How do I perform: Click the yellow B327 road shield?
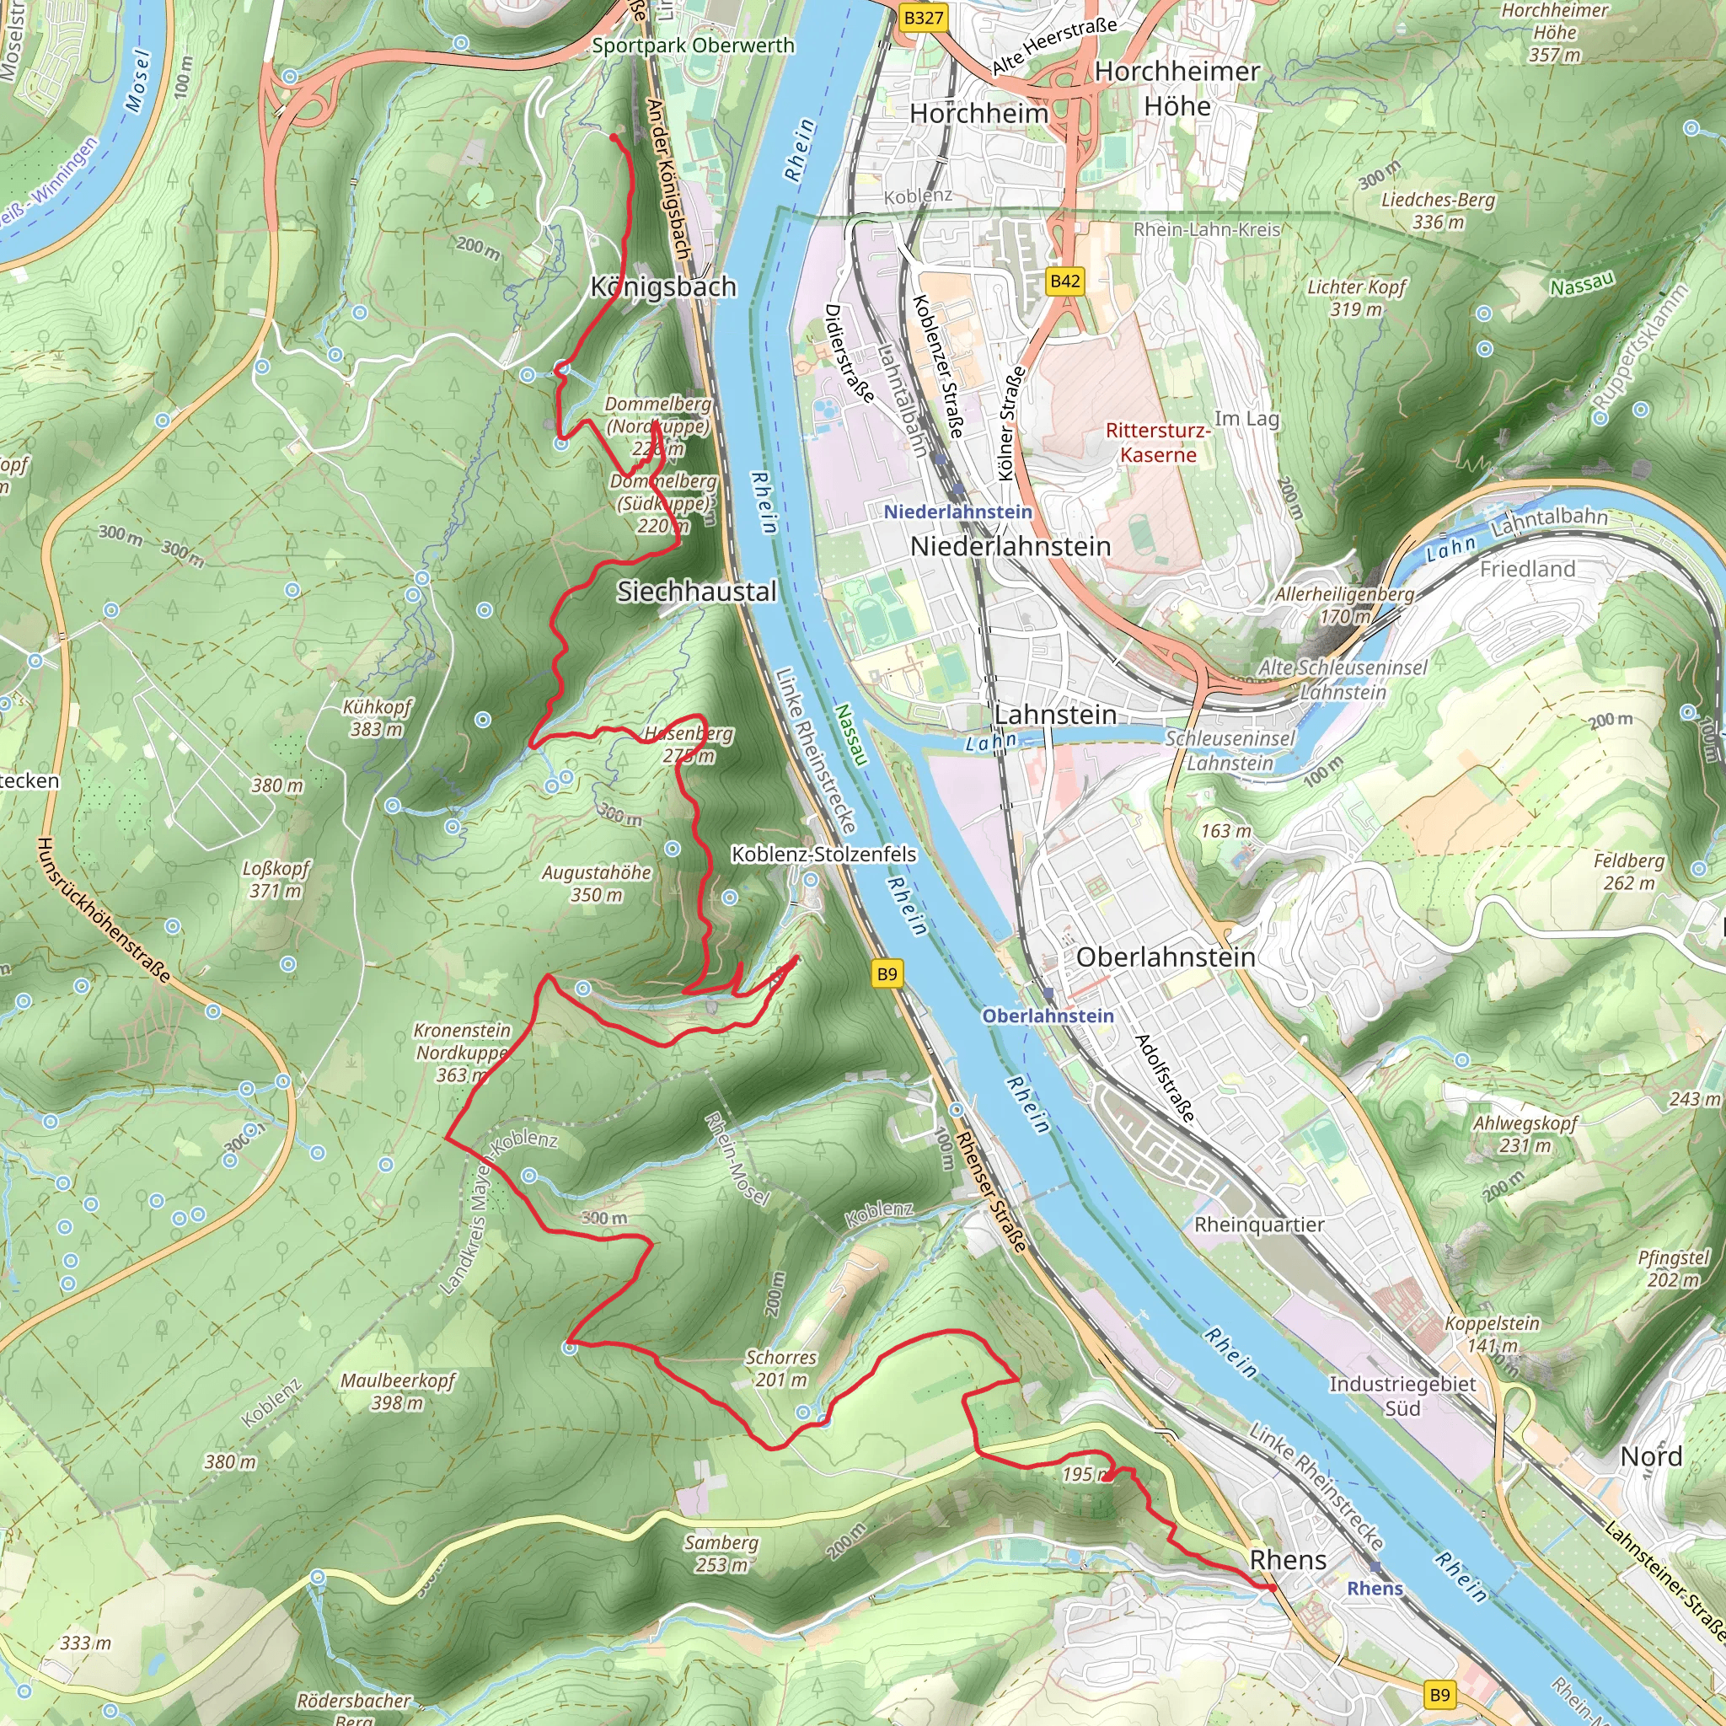[x=922, y=18]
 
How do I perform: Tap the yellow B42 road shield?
[x=1065, y=281]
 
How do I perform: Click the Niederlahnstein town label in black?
[x=1010, y=546]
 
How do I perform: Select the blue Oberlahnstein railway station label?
[x=1048, y=1016]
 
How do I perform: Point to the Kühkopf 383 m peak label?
[x=377, y=717]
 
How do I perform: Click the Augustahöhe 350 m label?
[x=596, y=882]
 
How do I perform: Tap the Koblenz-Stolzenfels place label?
[x=823, y=854]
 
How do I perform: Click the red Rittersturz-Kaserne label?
[x=1158, y=442]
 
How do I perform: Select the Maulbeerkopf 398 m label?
[x=398, y=1391]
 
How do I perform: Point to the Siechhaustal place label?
[x=697, y=592]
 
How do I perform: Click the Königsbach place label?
[x=664, y=287]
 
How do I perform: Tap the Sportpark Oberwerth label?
[x=694, y=46]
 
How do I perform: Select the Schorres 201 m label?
[x=780, y=1368]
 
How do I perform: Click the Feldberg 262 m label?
[x=1628, y=871]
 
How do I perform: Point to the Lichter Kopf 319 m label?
[x=1356, y=297]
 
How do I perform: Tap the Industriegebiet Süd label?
[x=1402, y=1396]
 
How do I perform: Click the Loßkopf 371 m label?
[x=276, y=879]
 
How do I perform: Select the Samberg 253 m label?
[x=721, y=1553]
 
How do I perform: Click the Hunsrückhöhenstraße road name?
[x=104, y=909]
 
